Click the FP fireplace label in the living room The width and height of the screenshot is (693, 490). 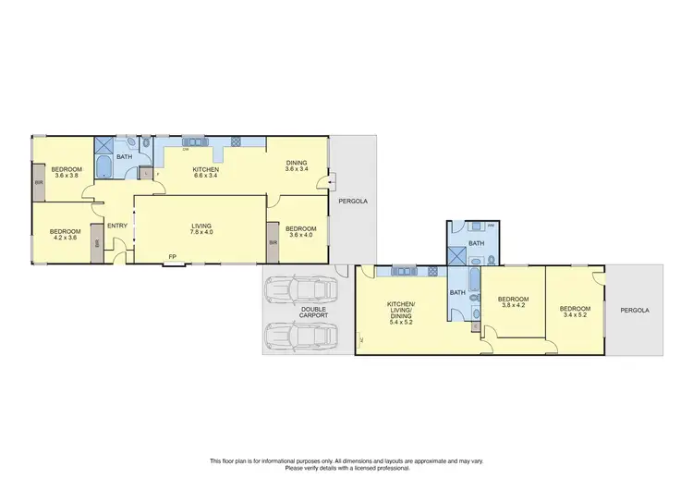(x=171, y=256)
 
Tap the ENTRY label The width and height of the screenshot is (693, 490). (x=117, y=226)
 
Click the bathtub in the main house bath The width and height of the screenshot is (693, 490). (x=103, y=167)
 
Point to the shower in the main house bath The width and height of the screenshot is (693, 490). (x=105, y=145)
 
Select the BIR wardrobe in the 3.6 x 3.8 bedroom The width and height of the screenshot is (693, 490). (x=39, y=182)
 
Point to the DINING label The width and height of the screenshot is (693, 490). (x=296, y=163)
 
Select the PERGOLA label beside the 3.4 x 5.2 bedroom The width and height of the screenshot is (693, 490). (x=634, y=310)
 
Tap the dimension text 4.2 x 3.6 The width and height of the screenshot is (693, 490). (x=64, y=238)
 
